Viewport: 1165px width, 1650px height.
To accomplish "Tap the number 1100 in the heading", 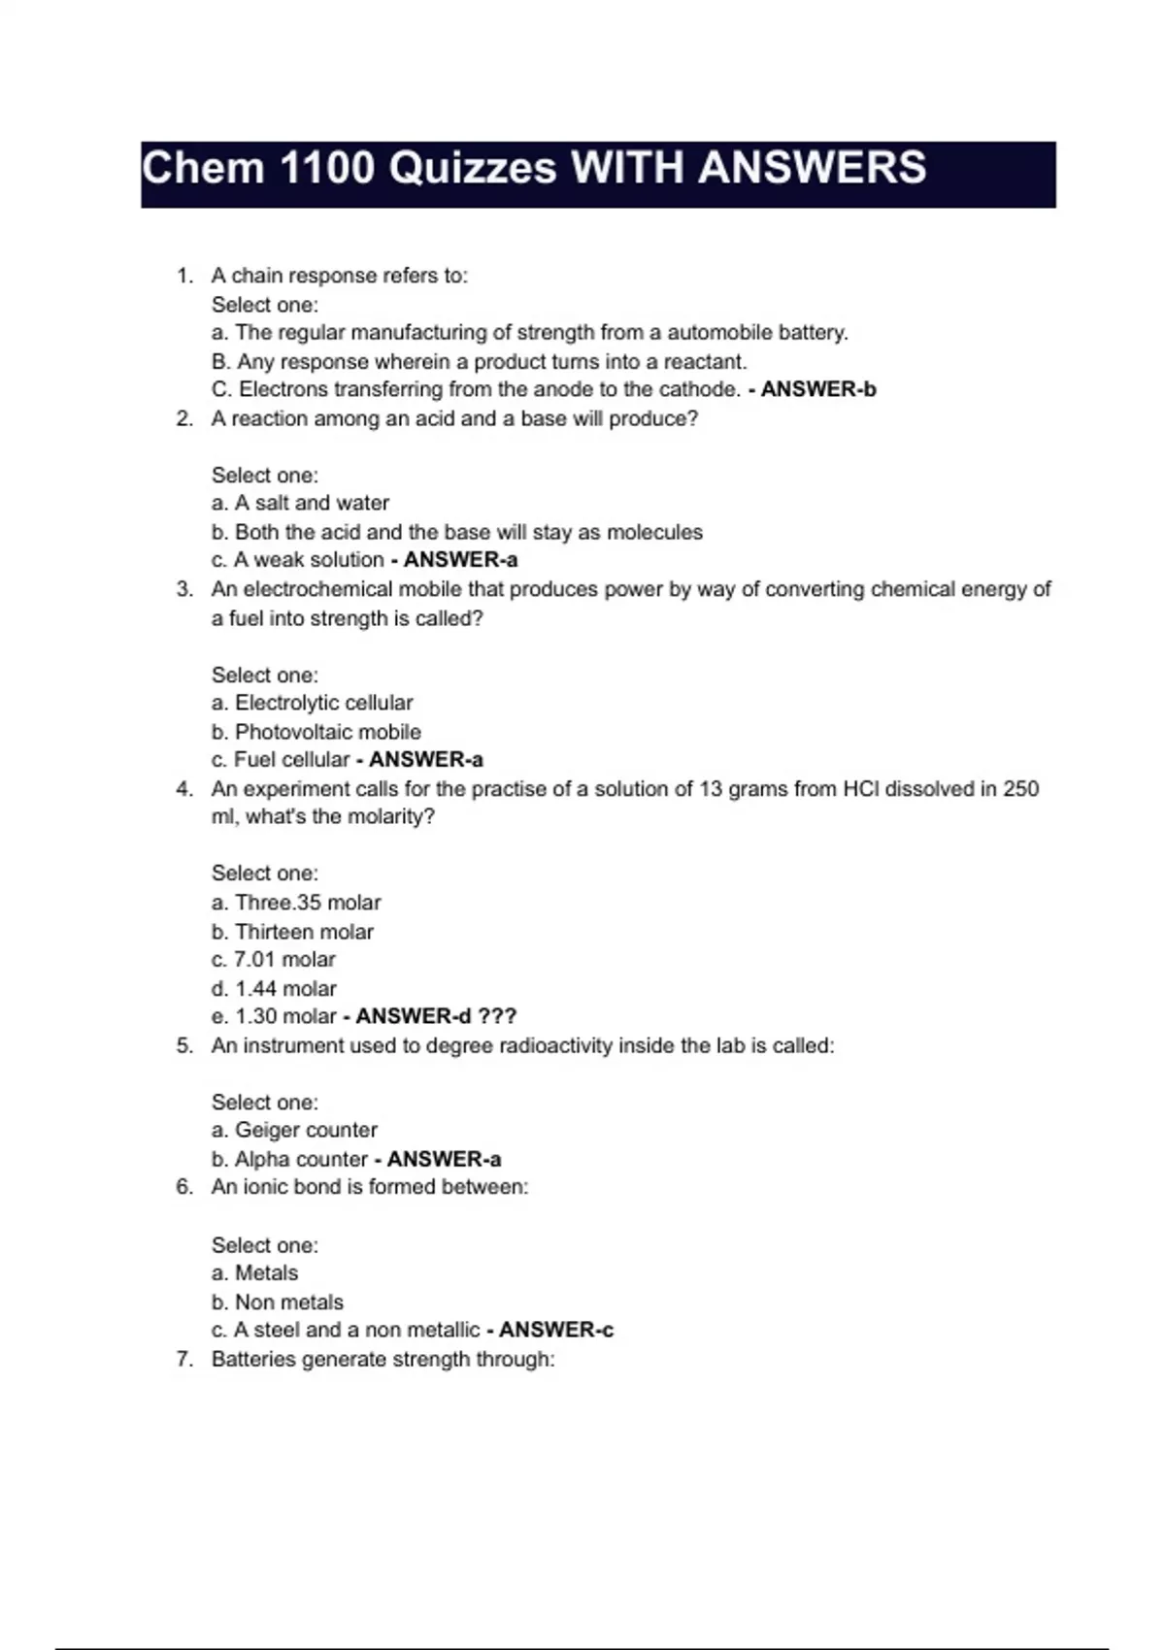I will pos(326,168).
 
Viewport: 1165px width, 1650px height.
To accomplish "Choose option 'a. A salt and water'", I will pos(300,503).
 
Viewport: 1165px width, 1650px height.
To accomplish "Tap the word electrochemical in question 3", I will pos(318,589).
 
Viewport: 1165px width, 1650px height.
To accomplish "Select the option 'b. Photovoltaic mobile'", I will pos(316,732).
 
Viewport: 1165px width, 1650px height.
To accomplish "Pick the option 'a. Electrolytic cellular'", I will pos(313,703).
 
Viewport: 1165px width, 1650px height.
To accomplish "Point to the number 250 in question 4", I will pos(1020,789).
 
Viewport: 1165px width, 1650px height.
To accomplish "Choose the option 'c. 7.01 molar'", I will pos(274,960).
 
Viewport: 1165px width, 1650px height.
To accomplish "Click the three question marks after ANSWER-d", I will pos(498,1016).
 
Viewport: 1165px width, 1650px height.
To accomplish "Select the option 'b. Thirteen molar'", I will pos(292,932).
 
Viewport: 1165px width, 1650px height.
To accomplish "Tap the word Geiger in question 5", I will pos(266,1130).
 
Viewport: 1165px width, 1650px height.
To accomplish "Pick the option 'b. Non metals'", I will pos(278,1303).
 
